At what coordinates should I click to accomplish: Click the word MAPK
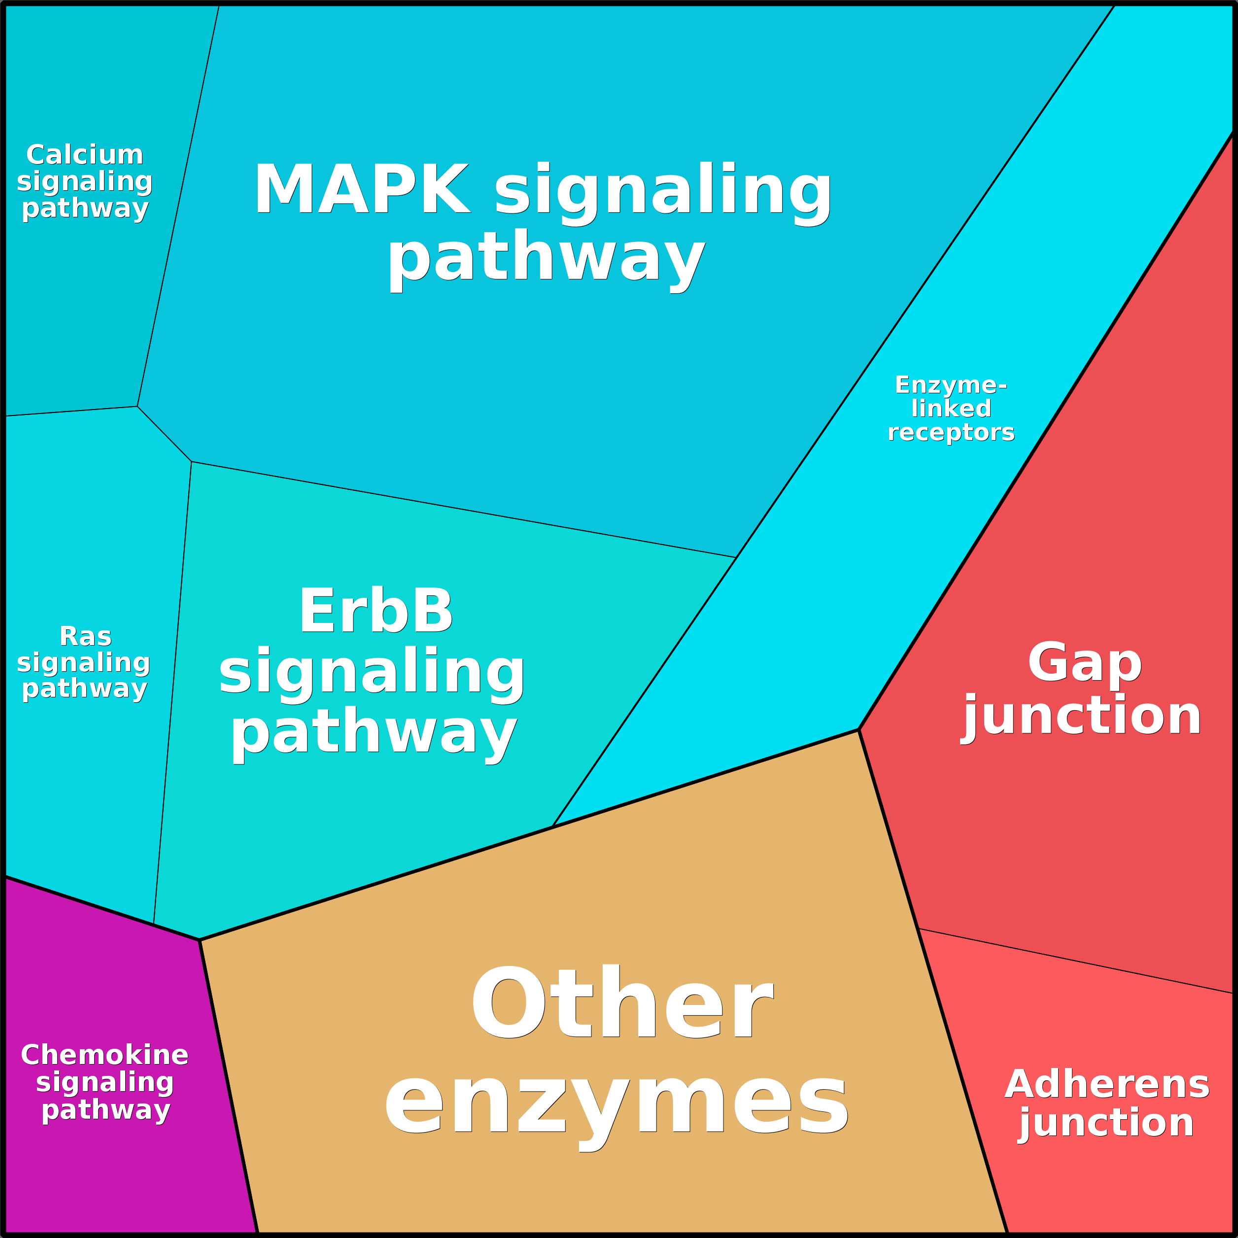click(x=362, y=189)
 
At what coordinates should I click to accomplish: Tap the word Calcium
click(x=85, y=155)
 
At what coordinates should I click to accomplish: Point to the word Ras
click(x=85, y=636)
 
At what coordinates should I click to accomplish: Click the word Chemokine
click(x=104, y=1055)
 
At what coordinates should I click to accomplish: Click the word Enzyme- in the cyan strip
click(x=951, y=385)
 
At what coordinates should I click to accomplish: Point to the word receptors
click(x=951, y=433)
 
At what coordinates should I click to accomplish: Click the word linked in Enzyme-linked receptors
click(x=951, y=409)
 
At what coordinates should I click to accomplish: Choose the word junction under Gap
click(x=1082, y=716)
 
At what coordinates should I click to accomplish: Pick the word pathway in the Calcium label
click(x=85, y=208)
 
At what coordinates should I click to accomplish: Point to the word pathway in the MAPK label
click(x=546, y=258)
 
